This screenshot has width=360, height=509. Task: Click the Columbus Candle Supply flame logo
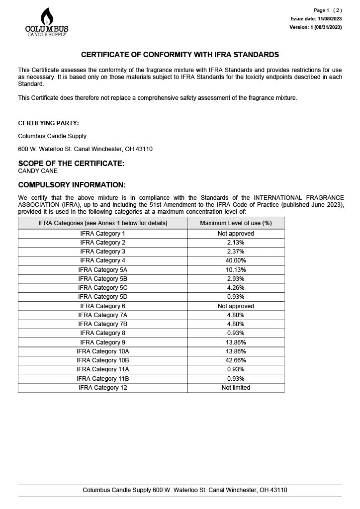(47, 22)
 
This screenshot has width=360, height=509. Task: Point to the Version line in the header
(315, 27)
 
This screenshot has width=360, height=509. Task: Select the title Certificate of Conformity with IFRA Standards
(180, 55)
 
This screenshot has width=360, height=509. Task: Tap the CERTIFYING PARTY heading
(48, 123)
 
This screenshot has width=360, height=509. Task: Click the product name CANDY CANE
(38, 171)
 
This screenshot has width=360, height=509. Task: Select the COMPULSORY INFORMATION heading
(72, 185)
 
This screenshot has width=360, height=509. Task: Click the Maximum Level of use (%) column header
(236, 223)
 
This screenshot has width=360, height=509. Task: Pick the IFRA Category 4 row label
(103, 260)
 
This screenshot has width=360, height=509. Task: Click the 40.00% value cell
(236, 260)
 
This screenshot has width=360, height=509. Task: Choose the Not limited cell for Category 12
(236, 388)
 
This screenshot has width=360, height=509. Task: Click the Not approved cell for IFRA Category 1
(236, 234)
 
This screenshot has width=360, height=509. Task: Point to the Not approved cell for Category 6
(236, 306)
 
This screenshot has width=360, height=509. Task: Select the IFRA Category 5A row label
(103, 270)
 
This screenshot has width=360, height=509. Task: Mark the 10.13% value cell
(236, 270)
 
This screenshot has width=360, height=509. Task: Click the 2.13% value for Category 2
(236, 243)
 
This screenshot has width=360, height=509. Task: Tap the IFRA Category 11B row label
(103, 379)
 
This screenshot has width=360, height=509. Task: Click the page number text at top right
(328, 10)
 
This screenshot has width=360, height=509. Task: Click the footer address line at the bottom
(184, 490)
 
